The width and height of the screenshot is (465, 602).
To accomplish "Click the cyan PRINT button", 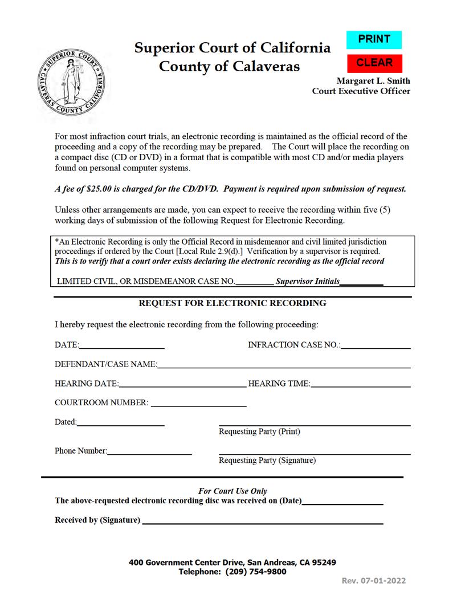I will (x=374, y=39).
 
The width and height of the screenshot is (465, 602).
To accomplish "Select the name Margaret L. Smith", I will (x=373, y=81).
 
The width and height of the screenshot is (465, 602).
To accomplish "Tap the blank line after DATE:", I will (x=122, y=345).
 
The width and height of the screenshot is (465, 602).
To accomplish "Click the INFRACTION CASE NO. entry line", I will (x=376, y=345).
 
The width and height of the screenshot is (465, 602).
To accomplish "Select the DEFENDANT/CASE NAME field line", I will (x=283, y=364).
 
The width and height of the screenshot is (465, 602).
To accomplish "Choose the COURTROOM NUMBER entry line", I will (x=198, y=403).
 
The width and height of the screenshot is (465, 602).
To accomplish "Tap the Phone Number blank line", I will (x=149, y=451).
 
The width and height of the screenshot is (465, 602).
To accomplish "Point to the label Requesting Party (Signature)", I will (x=267, y=461).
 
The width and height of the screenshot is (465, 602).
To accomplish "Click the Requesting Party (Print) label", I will (x=259, y=432).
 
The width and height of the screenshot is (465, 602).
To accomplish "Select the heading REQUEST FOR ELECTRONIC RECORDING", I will (x=232, y=303).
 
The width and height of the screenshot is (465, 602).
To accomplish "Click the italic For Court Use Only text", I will (x=232, y=491).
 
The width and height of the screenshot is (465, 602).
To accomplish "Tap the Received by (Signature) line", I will (x=262, y=520).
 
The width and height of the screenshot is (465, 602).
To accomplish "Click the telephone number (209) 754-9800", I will (x=256, y=572).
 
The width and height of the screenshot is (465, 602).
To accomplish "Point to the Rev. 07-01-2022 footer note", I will (x=374, y=581).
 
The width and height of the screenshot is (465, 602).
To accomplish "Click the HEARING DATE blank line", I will (x=182, y=384).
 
